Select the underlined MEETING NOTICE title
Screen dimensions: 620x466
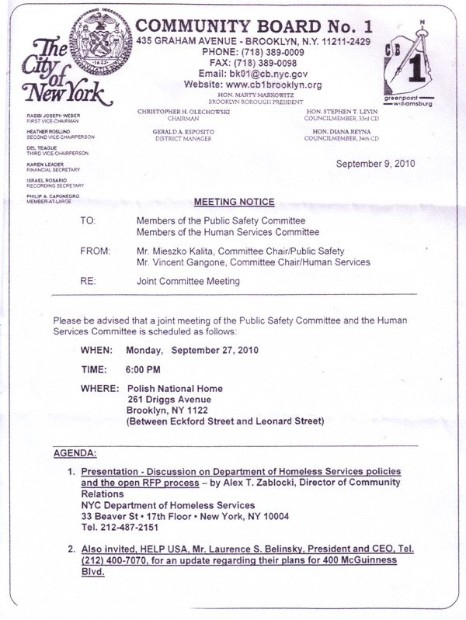click(x=234, y=203)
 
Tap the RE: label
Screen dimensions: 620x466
click(x=88, y=282)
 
